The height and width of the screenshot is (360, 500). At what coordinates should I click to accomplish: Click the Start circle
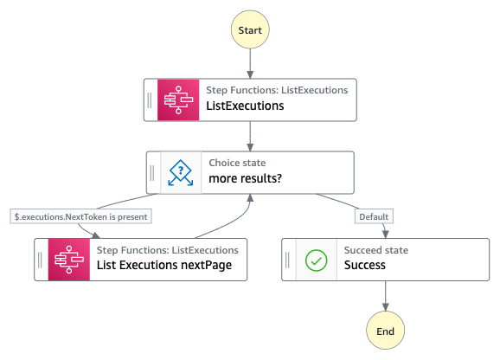click(x=250, y=29)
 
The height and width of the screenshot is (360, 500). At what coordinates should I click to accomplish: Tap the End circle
click(x=385, y=331)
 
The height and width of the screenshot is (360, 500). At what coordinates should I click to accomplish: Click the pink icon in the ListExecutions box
click(x=178, y=100)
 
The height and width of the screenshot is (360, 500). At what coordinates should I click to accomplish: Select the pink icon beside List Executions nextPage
click(x=69, y=260)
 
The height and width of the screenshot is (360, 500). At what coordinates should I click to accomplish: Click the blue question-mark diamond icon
click(x=181, y=172)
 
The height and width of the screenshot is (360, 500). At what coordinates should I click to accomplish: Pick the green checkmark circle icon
click(x=316, y=260)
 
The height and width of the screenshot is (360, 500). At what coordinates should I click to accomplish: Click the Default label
click(x=374, y=217)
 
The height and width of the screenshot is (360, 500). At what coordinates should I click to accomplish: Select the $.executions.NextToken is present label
click(x=80, y=217)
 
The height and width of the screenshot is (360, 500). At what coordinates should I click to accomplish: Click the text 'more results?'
click(x=245, y=178)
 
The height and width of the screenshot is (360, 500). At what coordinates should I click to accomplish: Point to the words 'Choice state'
click(x=237, y=163)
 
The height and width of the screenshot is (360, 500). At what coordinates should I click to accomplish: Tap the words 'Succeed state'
click(x=376, y=250)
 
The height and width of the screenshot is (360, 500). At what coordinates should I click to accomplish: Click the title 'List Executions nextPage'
click(x=164, y=266)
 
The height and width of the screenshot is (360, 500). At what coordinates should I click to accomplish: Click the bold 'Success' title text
click(x=365, y=266)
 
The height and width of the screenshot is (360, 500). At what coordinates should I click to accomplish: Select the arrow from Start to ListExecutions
click(x=250, y=63)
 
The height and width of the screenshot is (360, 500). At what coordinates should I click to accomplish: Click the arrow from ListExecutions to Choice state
click(x=250, y=136)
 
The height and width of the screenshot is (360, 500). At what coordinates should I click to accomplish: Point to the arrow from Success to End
click(x=386, y=296)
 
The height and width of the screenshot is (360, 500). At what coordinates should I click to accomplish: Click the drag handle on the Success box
click(x=287, y=260)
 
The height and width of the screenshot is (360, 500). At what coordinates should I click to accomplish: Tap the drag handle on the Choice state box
click(x=152, y=172)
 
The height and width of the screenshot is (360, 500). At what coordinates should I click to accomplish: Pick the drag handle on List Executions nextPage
click(x=40, y=260)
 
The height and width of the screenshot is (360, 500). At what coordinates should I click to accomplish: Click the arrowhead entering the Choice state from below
click(x=250, y=197)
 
